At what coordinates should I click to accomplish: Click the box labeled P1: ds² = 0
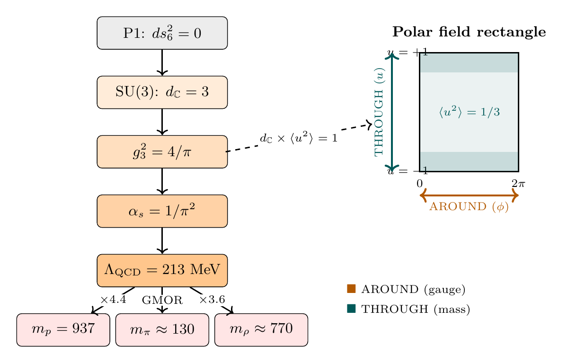click(162, 33)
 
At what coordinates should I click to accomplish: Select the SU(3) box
click(162, 92)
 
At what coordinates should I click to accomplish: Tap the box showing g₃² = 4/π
click(162, 151)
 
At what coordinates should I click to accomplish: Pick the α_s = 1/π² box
click(162, 211)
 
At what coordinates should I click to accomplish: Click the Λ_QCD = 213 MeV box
click(162, 270)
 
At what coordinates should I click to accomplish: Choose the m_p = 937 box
click(63, 329)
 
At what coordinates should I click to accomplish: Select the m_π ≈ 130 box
click(162, 329)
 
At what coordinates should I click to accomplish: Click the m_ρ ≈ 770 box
click(261, 329)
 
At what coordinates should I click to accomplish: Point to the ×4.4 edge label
click(113, 300)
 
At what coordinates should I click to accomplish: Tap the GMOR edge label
click(162, 300)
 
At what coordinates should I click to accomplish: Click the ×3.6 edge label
click(212, 300)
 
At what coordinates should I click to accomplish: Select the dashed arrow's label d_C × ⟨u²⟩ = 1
click(299, 138)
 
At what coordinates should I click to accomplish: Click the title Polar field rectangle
click(469, 32)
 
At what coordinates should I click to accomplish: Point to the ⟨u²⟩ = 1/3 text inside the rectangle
click(469, 112)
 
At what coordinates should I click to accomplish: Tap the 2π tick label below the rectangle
click(518, 183)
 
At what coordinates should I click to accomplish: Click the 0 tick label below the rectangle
click(419, 183)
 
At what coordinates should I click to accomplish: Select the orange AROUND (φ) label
click(469, 207)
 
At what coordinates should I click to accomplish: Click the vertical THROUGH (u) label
click(380, 112)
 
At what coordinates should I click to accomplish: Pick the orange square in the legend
click(351, 289)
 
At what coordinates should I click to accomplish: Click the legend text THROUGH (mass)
click(415, 310)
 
